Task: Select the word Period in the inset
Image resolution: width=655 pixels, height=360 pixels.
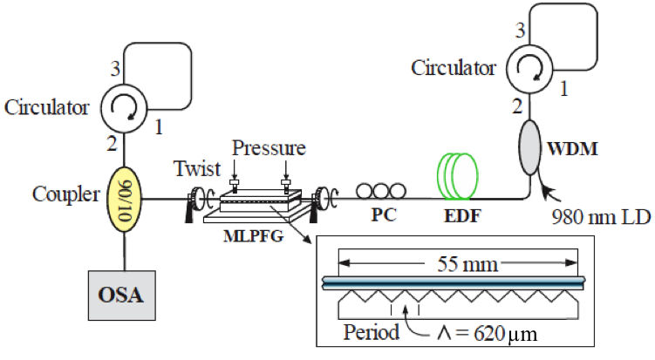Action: (372, 332)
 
